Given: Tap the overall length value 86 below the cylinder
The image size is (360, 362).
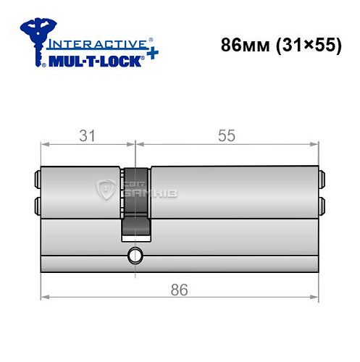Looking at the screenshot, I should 178,290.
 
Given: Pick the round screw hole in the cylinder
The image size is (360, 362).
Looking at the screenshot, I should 135,254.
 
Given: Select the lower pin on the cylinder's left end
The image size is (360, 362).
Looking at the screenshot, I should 35,205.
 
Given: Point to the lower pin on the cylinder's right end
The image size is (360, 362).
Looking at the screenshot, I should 322,205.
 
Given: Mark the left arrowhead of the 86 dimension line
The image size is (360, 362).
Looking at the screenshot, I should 43,296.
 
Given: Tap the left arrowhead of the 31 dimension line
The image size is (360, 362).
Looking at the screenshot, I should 43,144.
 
